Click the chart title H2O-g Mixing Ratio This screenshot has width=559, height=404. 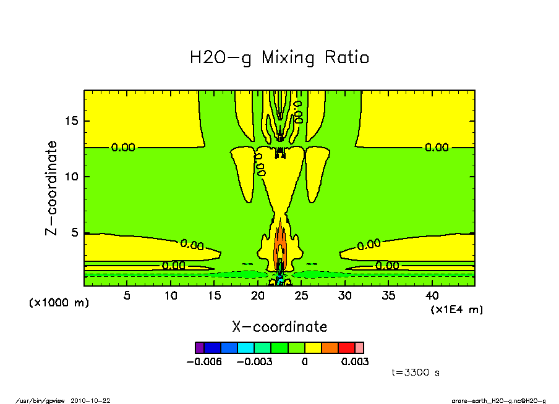click(279, 58)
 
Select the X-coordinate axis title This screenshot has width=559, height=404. click(279, 327)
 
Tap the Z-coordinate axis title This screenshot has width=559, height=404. click(52, 188)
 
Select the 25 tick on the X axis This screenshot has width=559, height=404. click(301, 295)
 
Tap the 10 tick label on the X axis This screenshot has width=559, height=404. click(171, 295)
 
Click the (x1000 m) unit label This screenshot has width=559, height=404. click(59, 303)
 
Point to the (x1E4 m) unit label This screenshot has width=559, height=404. click(457, 309)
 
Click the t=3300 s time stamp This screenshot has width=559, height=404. click(416, 372)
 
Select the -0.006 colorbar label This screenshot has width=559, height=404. click(203, 361)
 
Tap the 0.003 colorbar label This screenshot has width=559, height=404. click(355, 361)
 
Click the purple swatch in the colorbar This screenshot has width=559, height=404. click(199, 347)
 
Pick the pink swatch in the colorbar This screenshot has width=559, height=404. click(359, 347)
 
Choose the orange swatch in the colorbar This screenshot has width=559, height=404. click(330, 347)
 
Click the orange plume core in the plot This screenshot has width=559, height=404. click(279, 247)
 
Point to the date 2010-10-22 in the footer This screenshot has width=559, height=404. click(95, 400)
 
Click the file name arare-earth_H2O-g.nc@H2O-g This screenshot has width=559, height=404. click(498, 400)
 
